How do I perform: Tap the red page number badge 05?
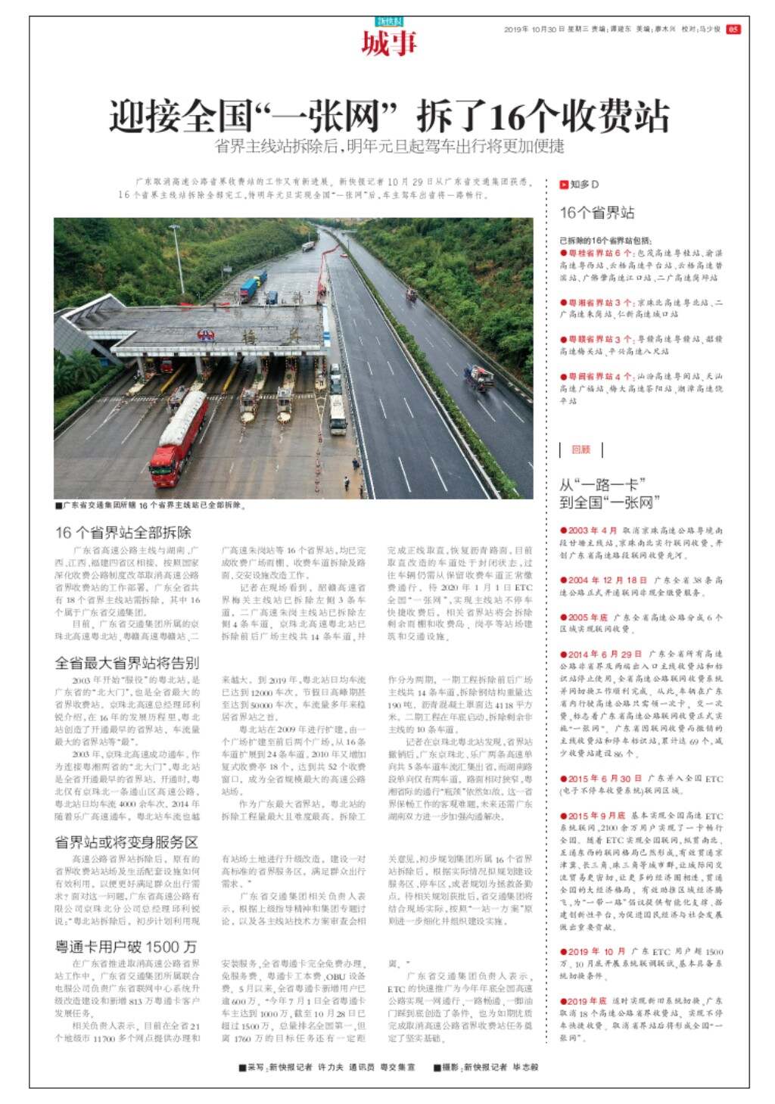733,30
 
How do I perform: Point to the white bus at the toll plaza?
337,415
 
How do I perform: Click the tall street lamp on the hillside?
179,257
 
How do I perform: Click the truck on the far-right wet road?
478,378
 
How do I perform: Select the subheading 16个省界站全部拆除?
123,532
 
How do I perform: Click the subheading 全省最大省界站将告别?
126,663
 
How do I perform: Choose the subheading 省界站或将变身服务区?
126,842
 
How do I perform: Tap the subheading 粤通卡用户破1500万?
126,947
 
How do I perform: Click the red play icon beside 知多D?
564,185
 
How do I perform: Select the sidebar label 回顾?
580,449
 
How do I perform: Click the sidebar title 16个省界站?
597,213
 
